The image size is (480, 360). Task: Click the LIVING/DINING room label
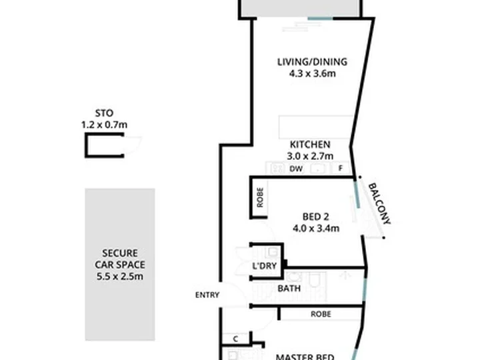[x=312, y=62]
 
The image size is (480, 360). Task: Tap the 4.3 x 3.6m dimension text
[x=312, y=74]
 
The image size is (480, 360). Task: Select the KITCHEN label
[x=310, y=145]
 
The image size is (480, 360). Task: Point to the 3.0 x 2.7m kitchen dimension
[x=310, y=156]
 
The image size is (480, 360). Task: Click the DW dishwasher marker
[x=296, y=169]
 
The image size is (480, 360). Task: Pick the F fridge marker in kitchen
[x=341, y=169]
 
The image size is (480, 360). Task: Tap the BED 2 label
[x=315, y=217]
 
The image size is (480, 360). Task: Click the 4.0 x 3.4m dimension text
[x=316, y=229]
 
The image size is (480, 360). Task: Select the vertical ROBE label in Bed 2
[x=260, y=198]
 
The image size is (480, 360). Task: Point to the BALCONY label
[x=379, y=203]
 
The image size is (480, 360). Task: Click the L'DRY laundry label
[x=265, y=266]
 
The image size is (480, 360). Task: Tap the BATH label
[x=289, y=289]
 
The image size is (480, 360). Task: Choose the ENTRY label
[x=207, y=295]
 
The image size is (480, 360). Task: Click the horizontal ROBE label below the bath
[x=321, y=314]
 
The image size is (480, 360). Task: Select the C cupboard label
[x=235, y=339]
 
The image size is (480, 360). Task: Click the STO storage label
[x=104, y=113]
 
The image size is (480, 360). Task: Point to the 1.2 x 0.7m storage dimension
[x=104, y=125]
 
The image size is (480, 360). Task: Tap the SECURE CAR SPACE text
[x=120, y=259]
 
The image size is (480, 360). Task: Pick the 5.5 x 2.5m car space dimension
[x=120, y=277]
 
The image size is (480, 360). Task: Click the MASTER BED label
[x=305, y=357]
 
